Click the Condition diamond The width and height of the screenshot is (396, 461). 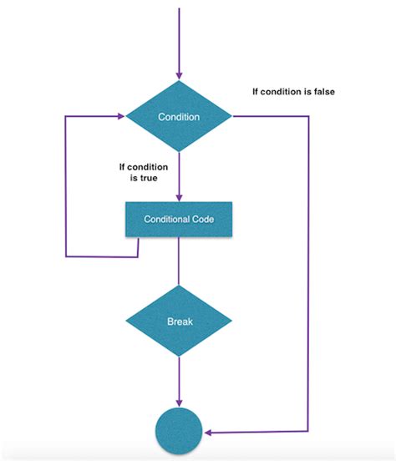coord(179,117)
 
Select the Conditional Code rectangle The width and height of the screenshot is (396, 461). coord(179,219)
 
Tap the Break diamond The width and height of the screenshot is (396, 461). coord(179,321)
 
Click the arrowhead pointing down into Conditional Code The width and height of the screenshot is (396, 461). coord(179,197)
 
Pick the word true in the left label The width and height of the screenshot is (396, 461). coord(152,178)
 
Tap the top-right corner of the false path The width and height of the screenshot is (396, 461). coord(309,117)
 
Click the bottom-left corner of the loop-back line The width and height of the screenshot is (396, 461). coord(66,256)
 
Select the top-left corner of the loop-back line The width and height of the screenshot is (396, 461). coord(66,117)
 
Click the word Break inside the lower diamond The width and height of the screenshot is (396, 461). coord(179,321)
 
